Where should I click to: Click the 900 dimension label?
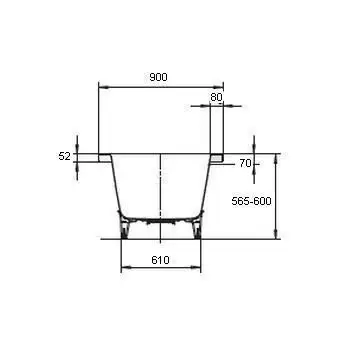pyautogui.click(x=158, y=77)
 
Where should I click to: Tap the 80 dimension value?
pyautogui.click(x=216, y=97)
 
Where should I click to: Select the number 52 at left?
pyautogui.click(x=64, y=156)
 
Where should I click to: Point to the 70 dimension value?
pyautogui.click(x=245, y=164)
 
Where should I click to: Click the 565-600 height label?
pyautogui.click(x=251, y=201)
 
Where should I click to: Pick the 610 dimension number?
pyautogui.click(x=160, y=260)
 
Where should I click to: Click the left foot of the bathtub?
pyautogui.click(x=124, y=231)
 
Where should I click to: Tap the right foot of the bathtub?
pyautogui.click(x=197, y=231)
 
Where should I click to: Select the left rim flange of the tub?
pyautogui.click(x=105, y=158)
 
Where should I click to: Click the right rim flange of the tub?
pyautogui.click(x=217, y=158)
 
